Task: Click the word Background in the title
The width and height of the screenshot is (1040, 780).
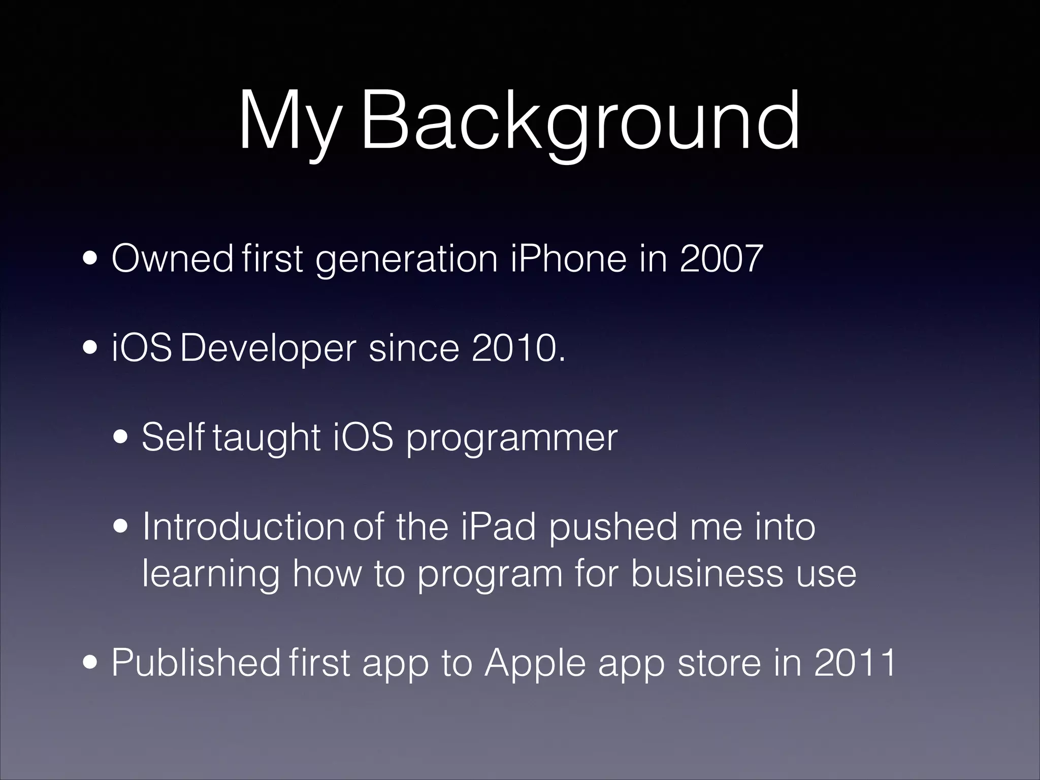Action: [579, 122]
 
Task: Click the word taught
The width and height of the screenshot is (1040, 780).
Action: [267, 438]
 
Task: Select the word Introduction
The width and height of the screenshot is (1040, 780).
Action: [243, 527]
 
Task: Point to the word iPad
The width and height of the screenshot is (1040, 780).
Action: [500, 527]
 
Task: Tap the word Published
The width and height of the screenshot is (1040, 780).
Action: [196, 662]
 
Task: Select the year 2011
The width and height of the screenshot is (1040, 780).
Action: [855, 662]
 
